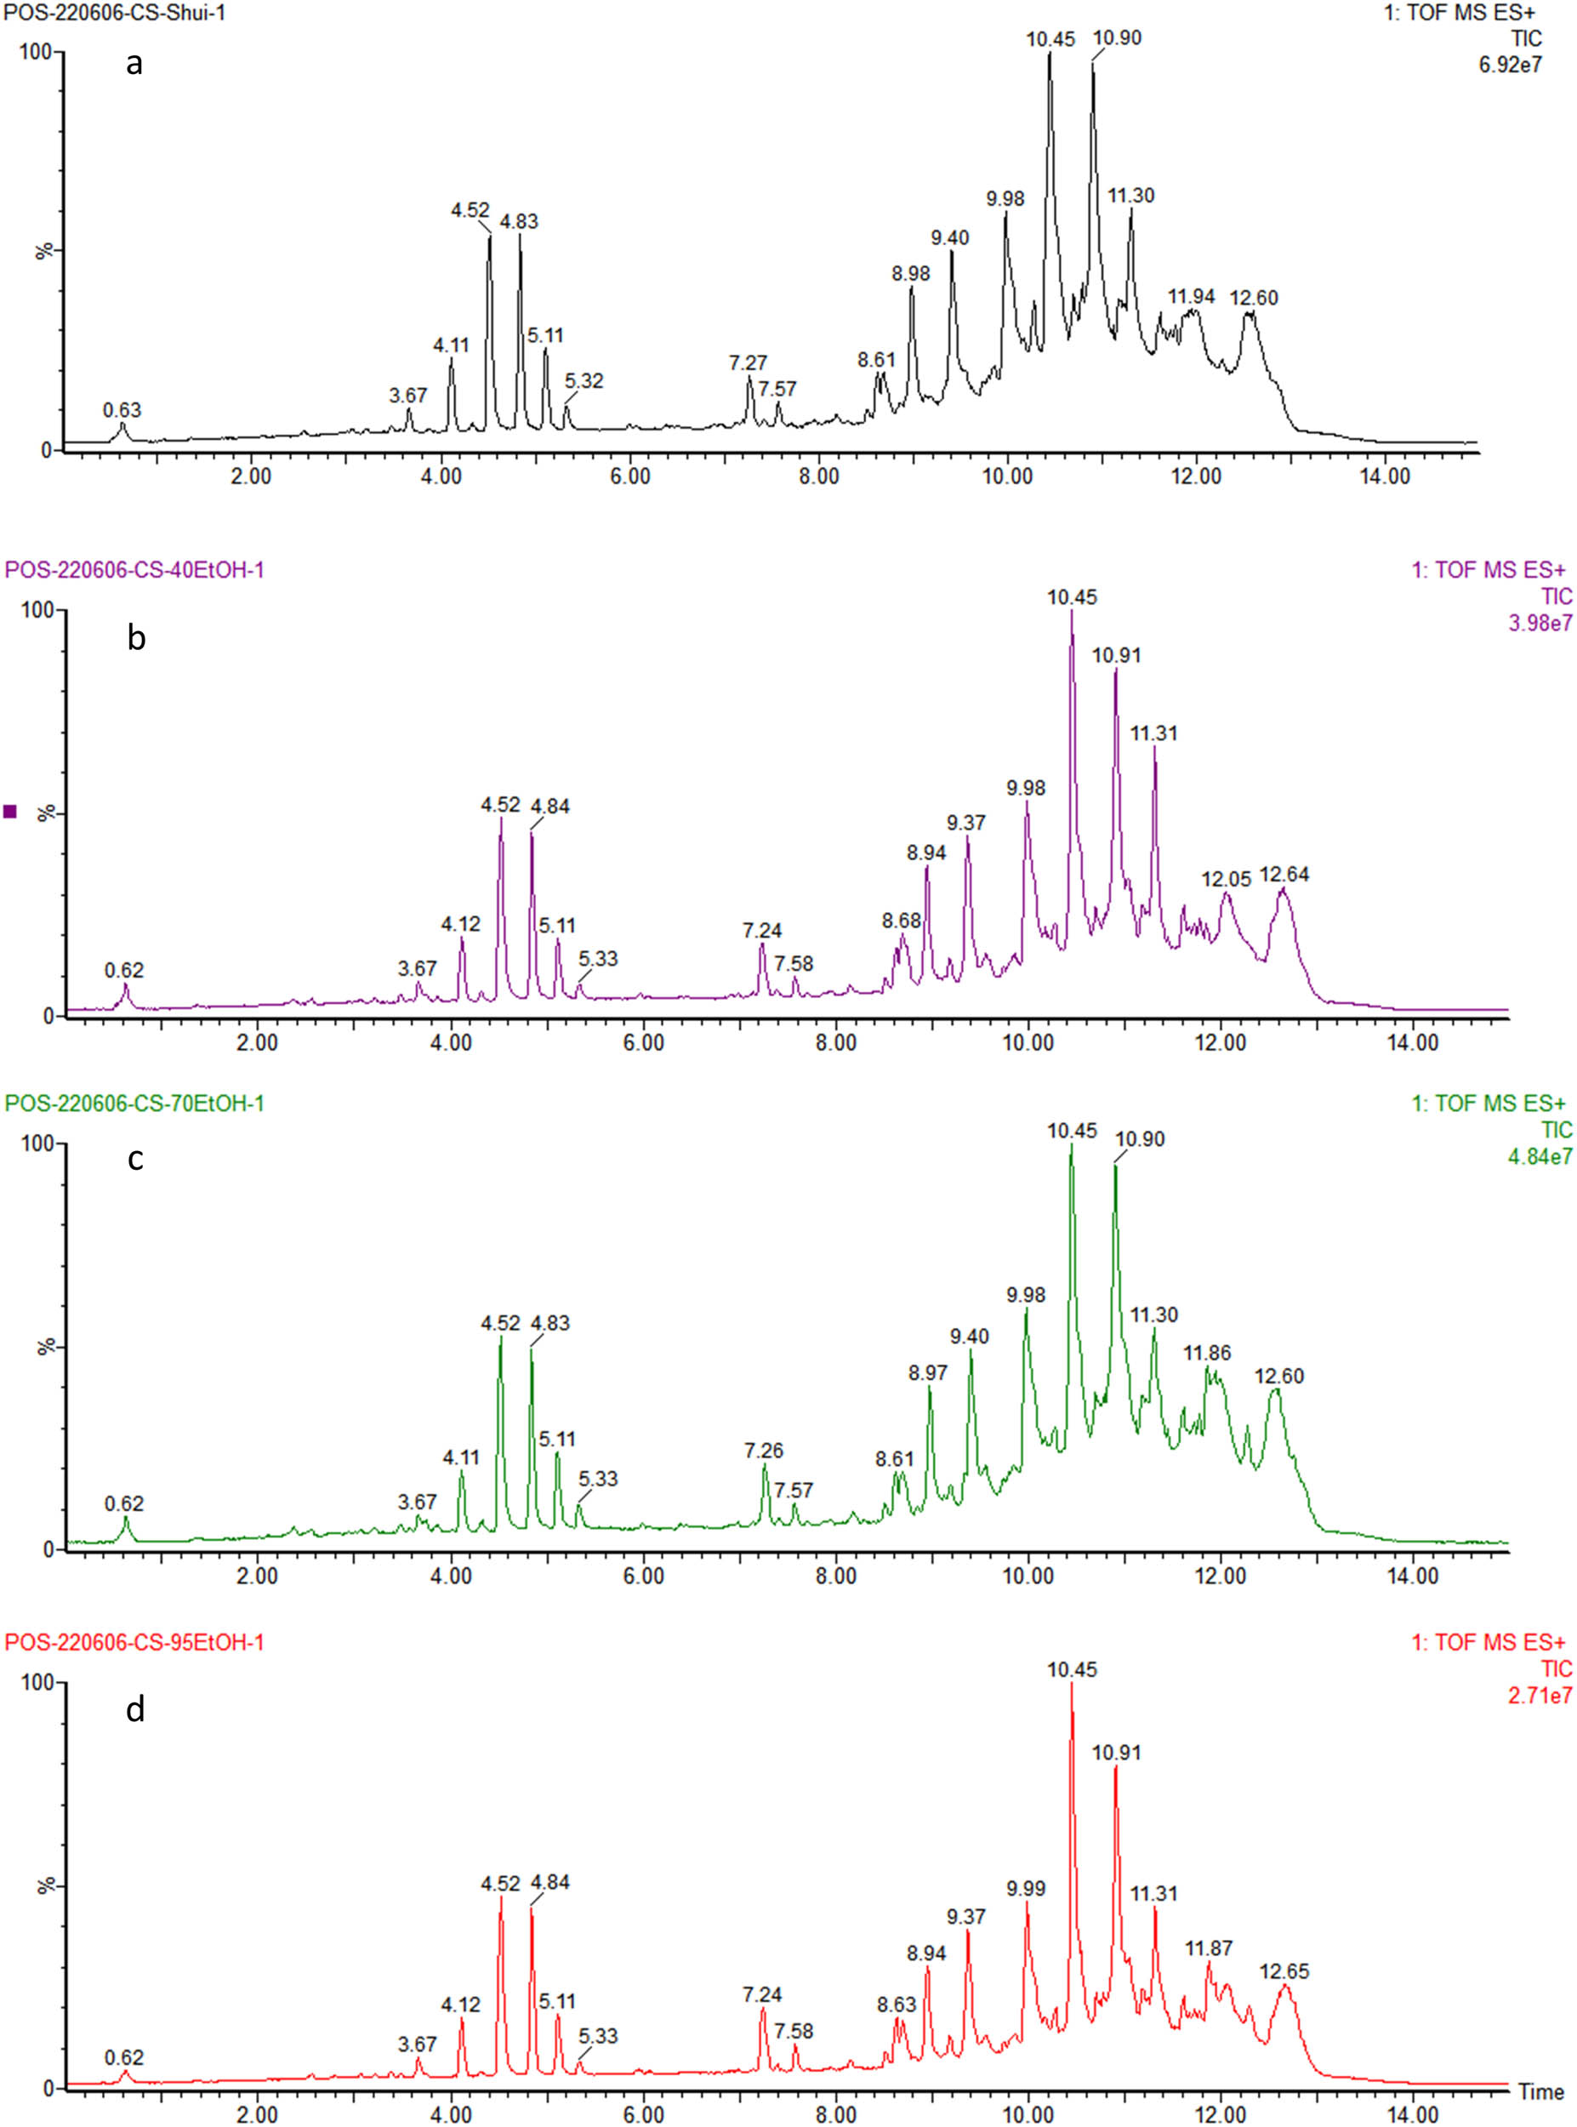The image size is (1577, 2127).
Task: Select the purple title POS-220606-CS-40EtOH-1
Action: coord(134,570)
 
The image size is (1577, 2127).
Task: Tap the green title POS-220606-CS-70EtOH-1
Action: coord(134,1103)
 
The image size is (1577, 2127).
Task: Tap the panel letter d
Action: coord(135,1710)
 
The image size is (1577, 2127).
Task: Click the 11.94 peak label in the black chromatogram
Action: coord(1190,297)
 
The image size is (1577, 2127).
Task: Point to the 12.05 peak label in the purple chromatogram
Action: coord(1226,878)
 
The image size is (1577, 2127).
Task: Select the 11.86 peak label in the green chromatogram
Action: coord(1207,1353)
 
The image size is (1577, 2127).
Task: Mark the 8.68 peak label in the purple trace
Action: coord(901,921)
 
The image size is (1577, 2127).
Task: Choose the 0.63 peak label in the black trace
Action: coord(122,410)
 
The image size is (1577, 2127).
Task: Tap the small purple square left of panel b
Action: coord(10,812)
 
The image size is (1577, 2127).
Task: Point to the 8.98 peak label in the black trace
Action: coord(911,274)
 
